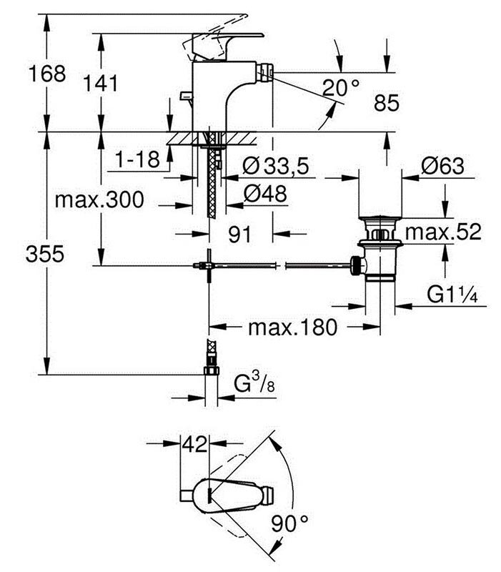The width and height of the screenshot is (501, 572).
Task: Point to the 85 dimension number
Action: (x=387, y=104)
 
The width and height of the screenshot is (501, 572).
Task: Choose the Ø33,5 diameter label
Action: (x=275, y=167)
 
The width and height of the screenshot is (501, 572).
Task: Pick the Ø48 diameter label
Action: (x=266, y=193)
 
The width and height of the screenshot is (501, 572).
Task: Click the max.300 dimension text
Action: (x=99, y=200)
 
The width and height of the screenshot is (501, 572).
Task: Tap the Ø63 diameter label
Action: (x=442, y=167)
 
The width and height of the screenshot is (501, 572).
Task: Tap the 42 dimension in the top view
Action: (x=192, y=444)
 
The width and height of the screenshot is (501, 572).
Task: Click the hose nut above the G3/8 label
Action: (x=210, y=371)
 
